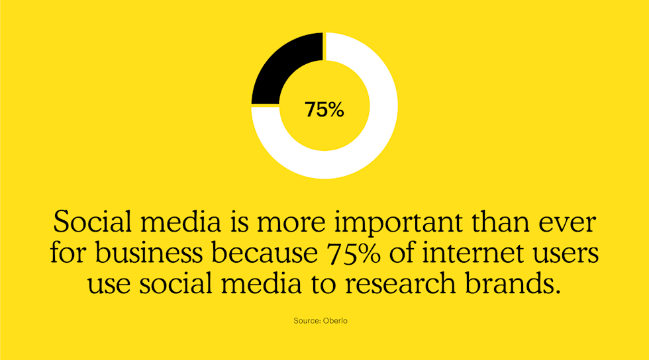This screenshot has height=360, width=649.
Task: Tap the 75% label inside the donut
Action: click(x=324, y=109)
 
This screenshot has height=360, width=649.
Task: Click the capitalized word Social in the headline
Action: click(x=89, y=222)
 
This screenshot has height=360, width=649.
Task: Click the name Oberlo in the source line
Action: click(x=335, y=321)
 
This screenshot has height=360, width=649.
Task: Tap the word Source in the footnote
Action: click(x=307, y=321)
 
